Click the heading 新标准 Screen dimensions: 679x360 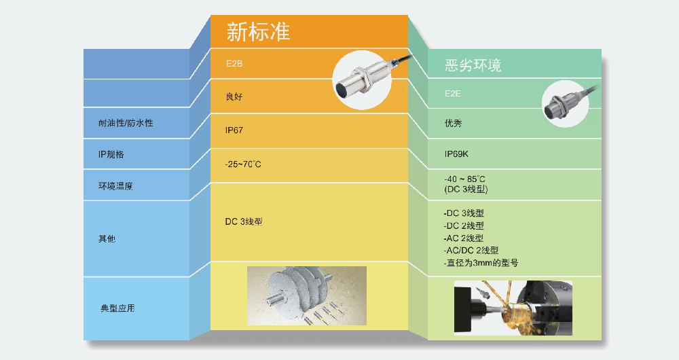(x=258, y=32)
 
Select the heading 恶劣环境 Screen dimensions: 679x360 (x=473, y=65)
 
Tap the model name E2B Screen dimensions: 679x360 (x=234, y=64)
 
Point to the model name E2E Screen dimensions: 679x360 (x=452, y=93)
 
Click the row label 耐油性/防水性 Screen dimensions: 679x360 (x=126, y=123)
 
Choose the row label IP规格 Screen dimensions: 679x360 (x=111, y=154)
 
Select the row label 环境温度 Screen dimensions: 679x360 (x=115, y=186)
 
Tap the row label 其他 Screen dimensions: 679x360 (x=107, y=238)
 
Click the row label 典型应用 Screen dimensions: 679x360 (x=117, y=308)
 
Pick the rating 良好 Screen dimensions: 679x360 (x=234, y=96)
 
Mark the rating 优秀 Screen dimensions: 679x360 (x=454, y=123)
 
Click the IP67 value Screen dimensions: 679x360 (x=234, y=130)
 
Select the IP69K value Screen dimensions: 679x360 (x=456, y=154)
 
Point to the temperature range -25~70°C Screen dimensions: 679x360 (x=243, y=164)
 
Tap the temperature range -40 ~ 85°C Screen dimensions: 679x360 (x=464, y=179)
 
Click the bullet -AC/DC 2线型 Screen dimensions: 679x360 (x=471, y=250)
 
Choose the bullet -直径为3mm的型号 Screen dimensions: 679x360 (x=481, y=262)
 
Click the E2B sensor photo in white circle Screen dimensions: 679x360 (x=362, y=80)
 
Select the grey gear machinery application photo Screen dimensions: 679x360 (x=307, y=295)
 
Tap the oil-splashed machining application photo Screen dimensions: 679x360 (x=513, y=308)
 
